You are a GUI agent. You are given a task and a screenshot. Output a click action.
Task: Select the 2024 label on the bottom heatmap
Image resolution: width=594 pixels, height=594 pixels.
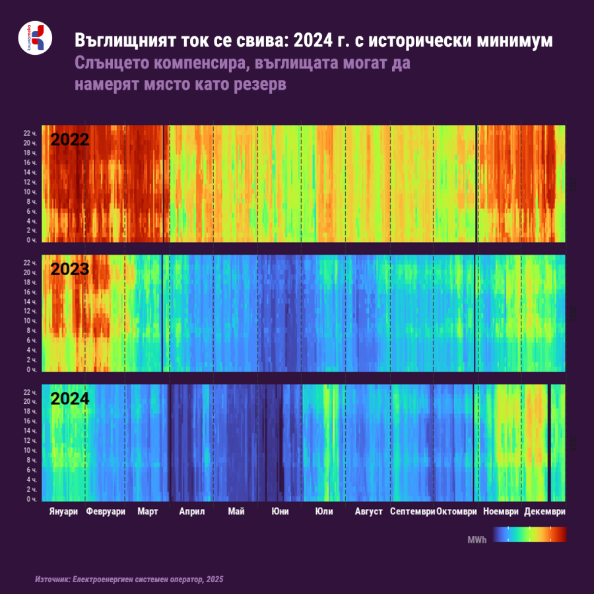70,399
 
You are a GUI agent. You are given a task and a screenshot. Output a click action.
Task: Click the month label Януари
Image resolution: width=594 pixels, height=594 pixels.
63,511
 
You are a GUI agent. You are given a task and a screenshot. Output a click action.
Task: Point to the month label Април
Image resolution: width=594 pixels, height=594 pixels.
192,511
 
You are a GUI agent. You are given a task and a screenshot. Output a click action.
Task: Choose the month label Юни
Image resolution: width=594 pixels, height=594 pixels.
279,511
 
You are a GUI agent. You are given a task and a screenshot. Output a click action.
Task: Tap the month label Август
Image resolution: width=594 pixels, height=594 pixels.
368,511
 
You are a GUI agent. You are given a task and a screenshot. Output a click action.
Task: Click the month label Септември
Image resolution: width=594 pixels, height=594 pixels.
412,511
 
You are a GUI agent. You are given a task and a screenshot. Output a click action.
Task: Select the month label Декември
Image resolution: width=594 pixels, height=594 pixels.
545,511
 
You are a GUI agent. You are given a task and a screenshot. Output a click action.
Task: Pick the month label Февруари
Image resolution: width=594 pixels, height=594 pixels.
106,511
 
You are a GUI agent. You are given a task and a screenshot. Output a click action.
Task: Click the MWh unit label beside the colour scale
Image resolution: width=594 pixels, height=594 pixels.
477,541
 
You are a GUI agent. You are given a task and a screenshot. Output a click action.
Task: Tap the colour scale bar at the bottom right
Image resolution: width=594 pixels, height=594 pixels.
530,534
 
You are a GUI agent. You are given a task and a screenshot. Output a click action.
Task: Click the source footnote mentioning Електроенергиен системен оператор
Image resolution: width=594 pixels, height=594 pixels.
129,579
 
